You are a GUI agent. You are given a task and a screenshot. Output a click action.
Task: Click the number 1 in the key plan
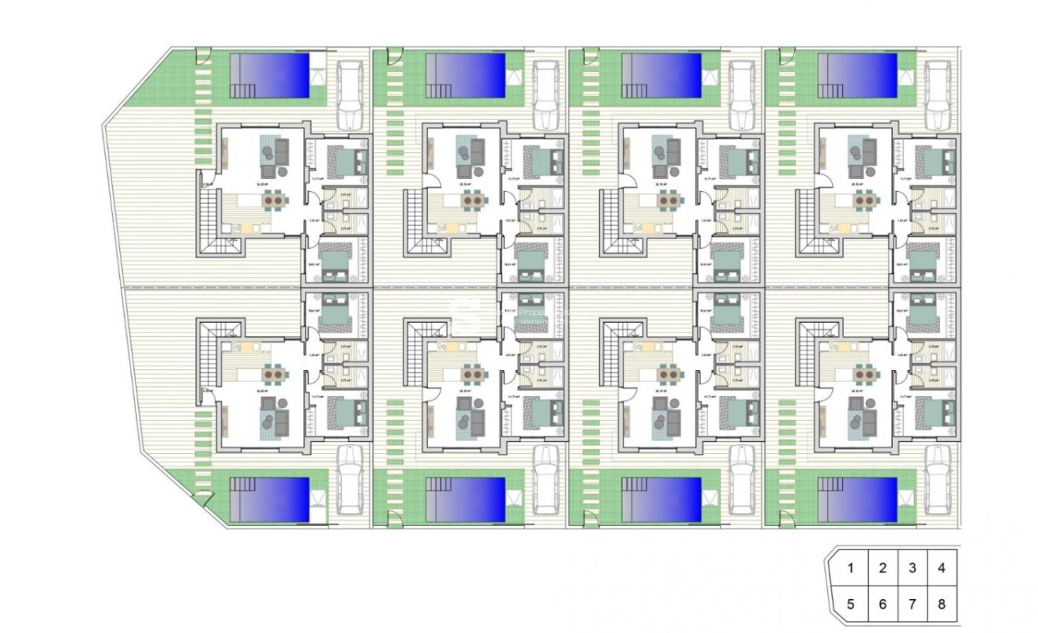[850, 567]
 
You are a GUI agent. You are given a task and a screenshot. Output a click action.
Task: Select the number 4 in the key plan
[941, 567]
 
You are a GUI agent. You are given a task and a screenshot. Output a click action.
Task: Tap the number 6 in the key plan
[882, 605]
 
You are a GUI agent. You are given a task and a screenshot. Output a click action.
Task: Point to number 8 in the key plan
[941, 605]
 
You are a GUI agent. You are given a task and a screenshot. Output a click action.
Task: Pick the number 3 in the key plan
[912, 567]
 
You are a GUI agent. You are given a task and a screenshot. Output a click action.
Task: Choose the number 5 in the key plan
[850, 605]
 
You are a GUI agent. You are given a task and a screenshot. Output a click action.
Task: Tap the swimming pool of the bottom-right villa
[857, 499]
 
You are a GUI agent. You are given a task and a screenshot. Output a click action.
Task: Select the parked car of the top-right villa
[937, 95]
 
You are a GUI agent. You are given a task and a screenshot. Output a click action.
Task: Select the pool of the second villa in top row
[466, 75]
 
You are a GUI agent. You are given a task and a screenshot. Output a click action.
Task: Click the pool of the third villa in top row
[661, 75]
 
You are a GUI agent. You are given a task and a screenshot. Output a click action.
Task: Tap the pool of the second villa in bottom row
[466, 499]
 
